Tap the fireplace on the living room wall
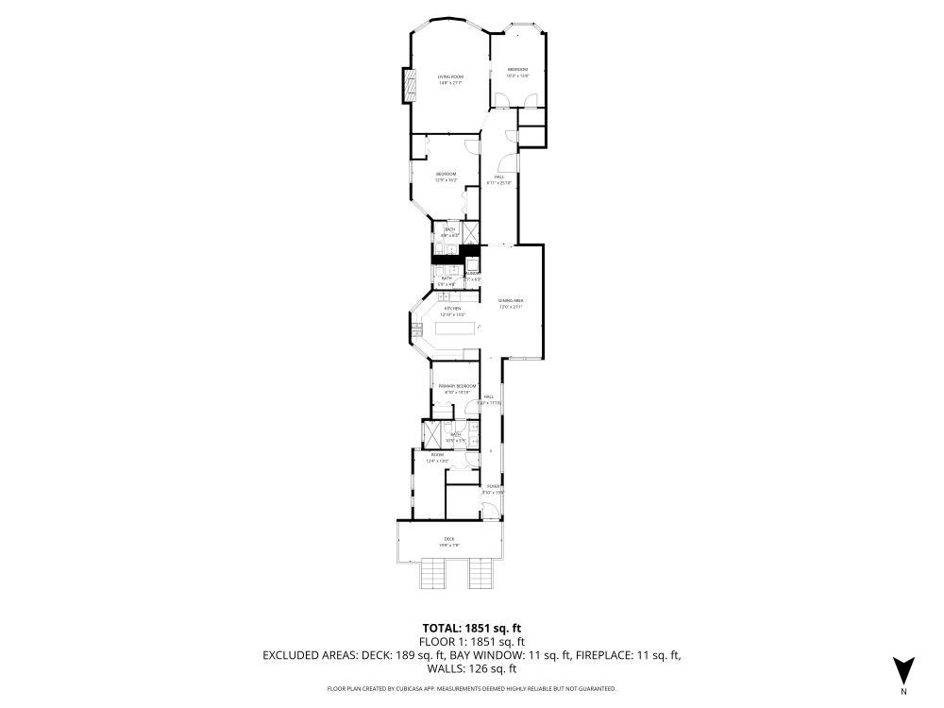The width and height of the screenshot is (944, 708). click(410, 85)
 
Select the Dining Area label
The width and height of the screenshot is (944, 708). click(511, 301)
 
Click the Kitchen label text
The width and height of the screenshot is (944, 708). click(453, 309)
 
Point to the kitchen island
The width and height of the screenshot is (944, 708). click(456, 333)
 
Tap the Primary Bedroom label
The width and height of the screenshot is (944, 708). click(457, 386)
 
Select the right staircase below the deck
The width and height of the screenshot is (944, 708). click(481, 572)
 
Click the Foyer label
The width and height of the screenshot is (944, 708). click(493, 487)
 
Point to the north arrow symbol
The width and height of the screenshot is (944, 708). click(904, 669)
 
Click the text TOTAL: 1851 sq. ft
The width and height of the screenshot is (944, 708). click(471, 627)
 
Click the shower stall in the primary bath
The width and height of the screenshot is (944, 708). click(431, 433)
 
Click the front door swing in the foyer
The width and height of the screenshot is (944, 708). click(488, 512)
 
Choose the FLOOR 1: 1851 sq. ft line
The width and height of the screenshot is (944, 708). click(471, 641)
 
